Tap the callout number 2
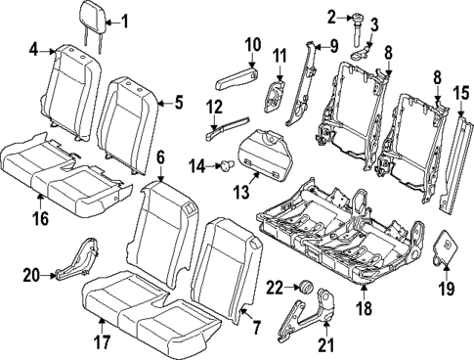(x=331, y=16)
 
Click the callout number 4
(x=34, y=49)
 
